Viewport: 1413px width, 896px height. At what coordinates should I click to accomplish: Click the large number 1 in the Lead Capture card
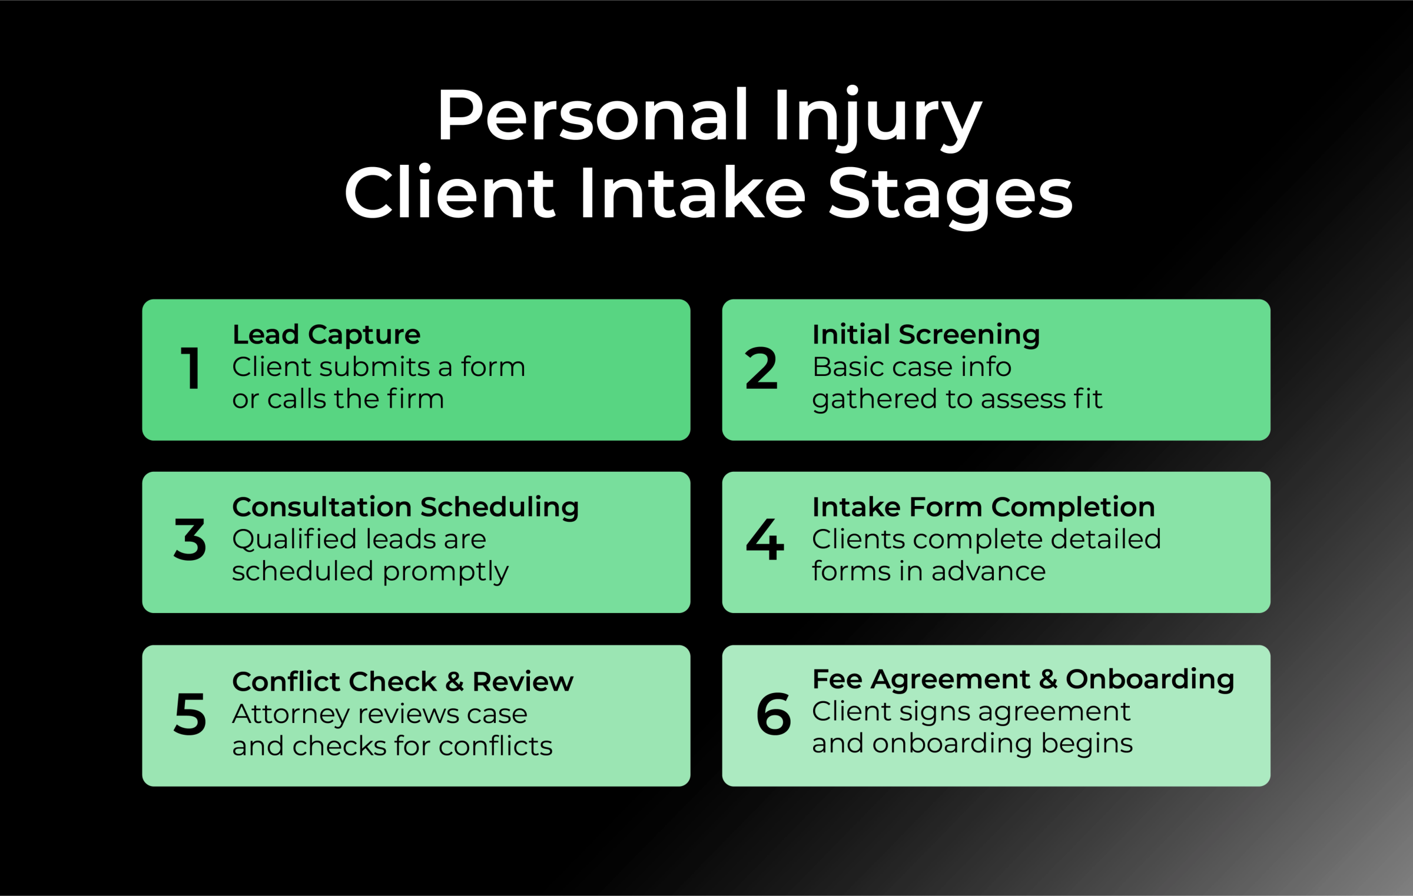point(190,368)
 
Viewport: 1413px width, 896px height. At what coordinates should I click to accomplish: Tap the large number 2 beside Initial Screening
point(761,368)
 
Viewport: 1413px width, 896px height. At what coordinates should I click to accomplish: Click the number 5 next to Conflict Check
point(190,714)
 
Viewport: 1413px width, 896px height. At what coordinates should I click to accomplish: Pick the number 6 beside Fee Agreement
point(773,714)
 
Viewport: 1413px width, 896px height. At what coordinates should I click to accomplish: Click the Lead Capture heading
point(326,335)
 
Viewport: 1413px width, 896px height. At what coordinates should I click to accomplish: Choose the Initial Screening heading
point(926,335)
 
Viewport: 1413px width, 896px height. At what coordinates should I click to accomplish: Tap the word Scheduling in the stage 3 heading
point(499,507)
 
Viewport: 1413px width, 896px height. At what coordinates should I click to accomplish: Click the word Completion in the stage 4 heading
point(1073,507)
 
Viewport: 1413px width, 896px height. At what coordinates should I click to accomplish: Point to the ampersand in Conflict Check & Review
point(454,682)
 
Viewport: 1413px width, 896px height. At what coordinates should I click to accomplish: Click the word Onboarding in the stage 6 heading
point(1150,679)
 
